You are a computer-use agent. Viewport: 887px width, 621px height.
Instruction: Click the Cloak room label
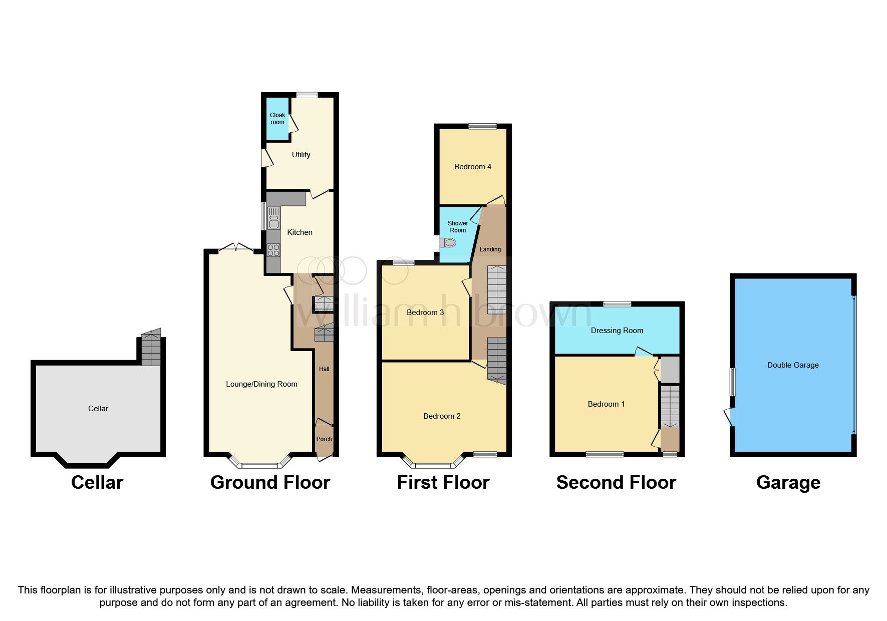coord(277,119)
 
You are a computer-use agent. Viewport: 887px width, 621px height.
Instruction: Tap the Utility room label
coord(301,155)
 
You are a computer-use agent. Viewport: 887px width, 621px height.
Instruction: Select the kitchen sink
coord(273,219)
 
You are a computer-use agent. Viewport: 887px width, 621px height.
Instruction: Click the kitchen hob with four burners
coord(273,250)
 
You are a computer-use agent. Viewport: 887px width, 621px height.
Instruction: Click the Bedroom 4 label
coord(472,167)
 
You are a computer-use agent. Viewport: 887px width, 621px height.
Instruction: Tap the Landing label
coord(490,249)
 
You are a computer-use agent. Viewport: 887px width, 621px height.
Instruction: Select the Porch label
coord(324,439)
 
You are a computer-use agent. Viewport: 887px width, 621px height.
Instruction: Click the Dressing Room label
coord(617,331)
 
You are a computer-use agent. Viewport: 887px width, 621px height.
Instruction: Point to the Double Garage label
coord(792,365)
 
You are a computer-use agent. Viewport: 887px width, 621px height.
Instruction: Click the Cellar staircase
coord(151,348)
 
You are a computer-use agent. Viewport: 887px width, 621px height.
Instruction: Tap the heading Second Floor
coord(616,482)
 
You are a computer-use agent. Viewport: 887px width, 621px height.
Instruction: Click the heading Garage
coord(788,482)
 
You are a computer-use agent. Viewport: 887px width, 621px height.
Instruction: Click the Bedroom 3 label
coord(425,313)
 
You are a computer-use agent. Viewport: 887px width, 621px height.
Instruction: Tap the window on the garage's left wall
coord(732,382)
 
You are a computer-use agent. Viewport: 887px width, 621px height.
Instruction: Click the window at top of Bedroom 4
coord(482,127)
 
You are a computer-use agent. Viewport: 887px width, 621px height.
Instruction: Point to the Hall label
coord(324,369)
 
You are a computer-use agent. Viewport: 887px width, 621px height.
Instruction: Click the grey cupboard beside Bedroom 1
coord(670,370)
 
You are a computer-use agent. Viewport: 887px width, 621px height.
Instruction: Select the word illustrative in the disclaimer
coord(137,590)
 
